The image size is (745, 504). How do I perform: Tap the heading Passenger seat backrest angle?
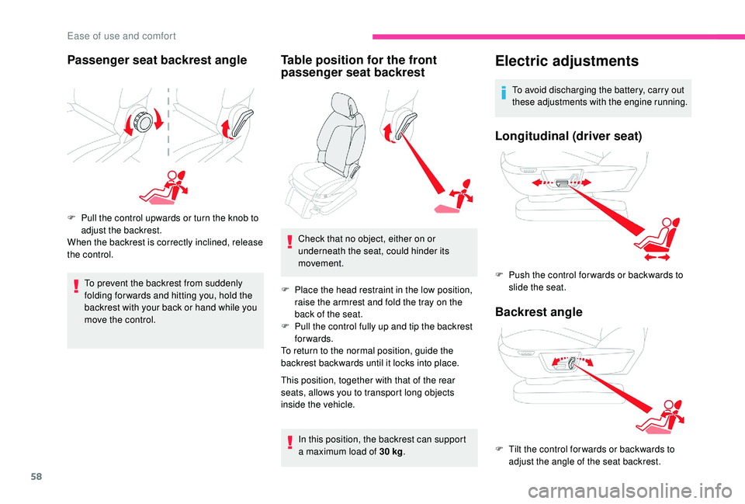coord(158,60)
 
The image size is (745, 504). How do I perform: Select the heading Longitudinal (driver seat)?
coord(568,136)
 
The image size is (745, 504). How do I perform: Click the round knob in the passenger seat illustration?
coord(142,122)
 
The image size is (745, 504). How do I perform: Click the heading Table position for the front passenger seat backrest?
coord(359,66)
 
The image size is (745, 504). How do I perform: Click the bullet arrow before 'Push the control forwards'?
coord(500,275)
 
